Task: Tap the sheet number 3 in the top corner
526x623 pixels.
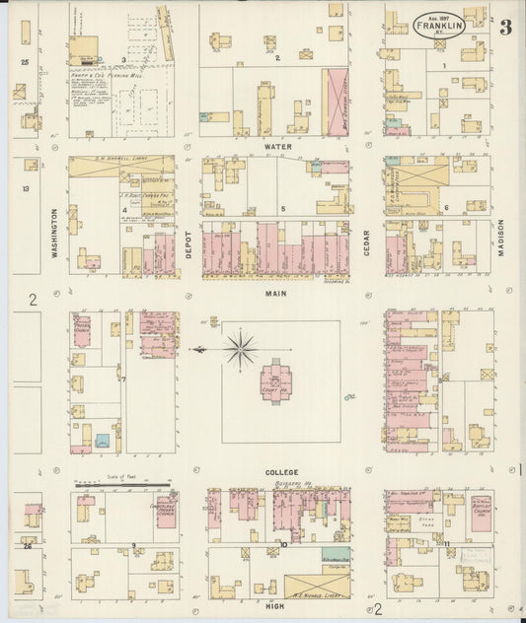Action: click(x=505, y=28)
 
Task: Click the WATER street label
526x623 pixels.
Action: click(x=276, y=146)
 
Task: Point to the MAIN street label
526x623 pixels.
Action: click(x=276, y=293)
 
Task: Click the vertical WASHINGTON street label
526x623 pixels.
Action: click(x=55, y=237)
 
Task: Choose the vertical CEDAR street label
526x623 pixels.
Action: click(x=366, y=242)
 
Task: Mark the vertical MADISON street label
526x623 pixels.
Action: click(x=501, y=238)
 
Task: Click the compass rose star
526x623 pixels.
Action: click(x=240, y=349)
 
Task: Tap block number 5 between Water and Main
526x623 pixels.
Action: click(x=283, y=209)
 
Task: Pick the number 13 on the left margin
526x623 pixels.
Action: click(x=26, y=189)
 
